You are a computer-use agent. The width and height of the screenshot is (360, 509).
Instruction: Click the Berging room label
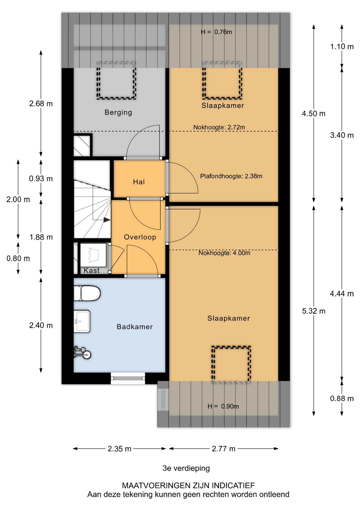[x=118, y=112]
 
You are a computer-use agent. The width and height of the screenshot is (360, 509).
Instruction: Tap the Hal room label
[x=139, y=182]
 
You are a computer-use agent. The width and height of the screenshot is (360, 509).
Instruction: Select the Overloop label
[x=140, y=237]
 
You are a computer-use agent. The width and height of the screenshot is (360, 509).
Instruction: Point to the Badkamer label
[x=135, y=327]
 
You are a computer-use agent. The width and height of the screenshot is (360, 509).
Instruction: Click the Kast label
[x=92, y=270]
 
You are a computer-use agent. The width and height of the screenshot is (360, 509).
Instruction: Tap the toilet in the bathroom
[x=87, y=293]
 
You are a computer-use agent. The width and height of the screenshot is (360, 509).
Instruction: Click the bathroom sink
[x=82, y=321]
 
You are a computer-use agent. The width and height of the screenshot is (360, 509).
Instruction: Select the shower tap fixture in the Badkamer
[x=82, y=353]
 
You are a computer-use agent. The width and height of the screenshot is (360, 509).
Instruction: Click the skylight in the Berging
[x=116, y=80]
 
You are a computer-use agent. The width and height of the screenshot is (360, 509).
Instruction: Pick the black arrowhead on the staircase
[x=107, y=220]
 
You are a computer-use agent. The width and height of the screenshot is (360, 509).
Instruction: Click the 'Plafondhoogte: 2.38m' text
[x=231, y=176]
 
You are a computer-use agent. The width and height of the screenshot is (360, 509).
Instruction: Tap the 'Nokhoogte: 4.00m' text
[x=224, y=253]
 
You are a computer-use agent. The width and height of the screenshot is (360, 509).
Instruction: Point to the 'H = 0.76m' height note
[x=216, y=32]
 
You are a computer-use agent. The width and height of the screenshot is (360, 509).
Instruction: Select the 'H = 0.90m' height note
[x=223, y=406]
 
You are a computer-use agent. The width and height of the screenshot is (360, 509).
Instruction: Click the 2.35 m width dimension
[x=119, y=449]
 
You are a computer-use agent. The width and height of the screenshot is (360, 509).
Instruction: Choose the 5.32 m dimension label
[x=314, y=311]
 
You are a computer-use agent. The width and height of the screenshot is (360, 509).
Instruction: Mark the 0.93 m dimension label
[x=41, y=179]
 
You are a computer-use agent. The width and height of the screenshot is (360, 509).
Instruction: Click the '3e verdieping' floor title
[x=186, y=468]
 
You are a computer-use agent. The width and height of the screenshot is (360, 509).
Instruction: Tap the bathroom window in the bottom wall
[x=128, y=378]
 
